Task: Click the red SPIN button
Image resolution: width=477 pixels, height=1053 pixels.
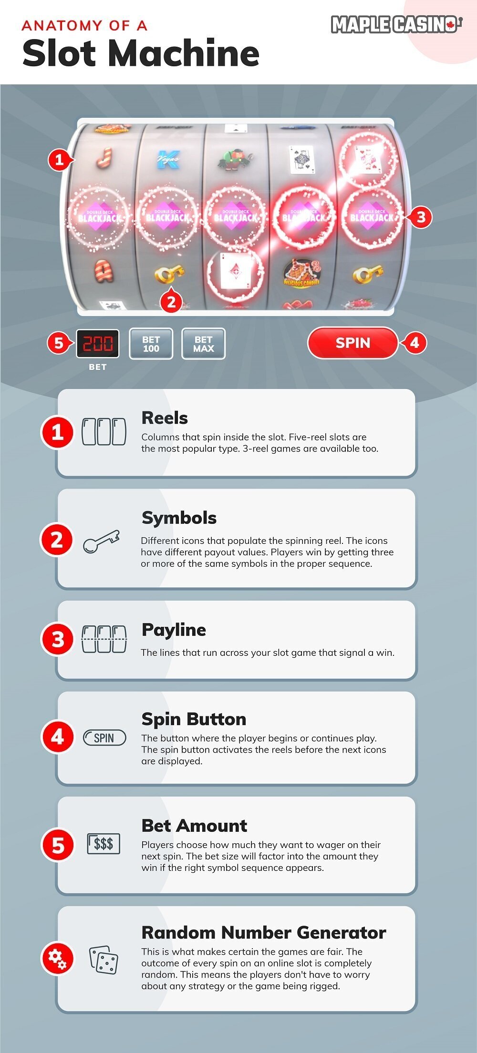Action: tap(353, 343)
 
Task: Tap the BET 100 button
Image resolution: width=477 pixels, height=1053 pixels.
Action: tap(151, 344)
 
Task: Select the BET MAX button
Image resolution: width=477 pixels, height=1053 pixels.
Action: tap(203, 344)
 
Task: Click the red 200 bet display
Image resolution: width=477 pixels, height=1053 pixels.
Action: tap(98, 343)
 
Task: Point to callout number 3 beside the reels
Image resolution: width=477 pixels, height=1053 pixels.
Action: tap(420, 217)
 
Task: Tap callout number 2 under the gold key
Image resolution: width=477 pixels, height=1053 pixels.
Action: tap(171, 301)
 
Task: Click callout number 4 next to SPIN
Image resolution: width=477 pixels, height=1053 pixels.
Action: tap(414, 343)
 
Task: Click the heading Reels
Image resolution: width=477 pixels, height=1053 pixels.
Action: tap(165, 418)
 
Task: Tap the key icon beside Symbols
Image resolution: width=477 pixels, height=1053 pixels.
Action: tap(101, 541)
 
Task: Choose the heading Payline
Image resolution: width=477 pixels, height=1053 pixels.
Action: tap(174, 630)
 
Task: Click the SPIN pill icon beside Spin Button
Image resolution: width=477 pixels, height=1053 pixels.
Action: tap(104, 738)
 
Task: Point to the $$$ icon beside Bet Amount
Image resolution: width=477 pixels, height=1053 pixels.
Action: tap(104, 844)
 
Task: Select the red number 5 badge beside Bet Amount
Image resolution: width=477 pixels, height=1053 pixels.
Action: tap(58, 845)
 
